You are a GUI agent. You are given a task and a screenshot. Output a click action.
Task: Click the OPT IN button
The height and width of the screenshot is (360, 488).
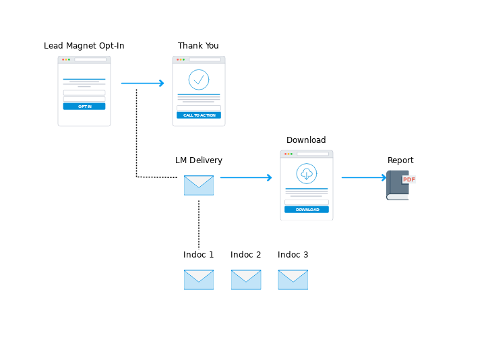84,107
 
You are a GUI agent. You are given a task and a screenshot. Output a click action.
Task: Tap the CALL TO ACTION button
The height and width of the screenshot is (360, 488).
199,115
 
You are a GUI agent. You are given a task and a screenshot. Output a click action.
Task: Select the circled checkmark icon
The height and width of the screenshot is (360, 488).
199,80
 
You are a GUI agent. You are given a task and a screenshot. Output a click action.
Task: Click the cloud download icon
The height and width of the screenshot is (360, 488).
307,174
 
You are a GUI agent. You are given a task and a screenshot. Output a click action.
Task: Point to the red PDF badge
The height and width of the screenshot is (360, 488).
408,179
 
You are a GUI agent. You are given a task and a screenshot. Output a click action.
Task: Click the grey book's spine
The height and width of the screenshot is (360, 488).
389,184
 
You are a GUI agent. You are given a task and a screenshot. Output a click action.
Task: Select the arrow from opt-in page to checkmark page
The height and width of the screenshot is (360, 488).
142,83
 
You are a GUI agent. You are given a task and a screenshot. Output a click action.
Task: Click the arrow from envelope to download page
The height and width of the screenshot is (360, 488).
246,177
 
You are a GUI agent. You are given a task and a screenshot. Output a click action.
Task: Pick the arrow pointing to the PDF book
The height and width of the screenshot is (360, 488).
364,177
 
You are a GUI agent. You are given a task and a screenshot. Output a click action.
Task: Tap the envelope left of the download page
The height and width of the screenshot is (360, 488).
199,185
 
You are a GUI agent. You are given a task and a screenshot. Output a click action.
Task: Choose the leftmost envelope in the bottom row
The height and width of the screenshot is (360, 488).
199,280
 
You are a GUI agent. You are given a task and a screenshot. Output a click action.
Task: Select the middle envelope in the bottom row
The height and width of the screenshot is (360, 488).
246,280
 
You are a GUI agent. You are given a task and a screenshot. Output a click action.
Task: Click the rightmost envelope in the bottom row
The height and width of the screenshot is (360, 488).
293,280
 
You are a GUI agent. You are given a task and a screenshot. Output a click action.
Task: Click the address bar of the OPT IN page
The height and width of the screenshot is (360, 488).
90,59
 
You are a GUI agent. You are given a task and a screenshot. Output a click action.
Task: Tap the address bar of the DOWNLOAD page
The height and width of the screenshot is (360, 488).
313,154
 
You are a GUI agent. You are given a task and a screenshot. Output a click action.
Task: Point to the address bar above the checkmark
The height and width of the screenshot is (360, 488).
204,59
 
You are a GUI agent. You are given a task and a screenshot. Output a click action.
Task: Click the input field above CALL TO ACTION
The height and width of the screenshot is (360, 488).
199,108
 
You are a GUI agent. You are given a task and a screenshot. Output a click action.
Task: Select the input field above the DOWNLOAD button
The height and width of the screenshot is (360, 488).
307,202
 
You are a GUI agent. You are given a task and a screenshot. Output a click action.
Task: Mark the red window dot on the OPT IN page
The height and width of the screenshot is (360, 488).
63,59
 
